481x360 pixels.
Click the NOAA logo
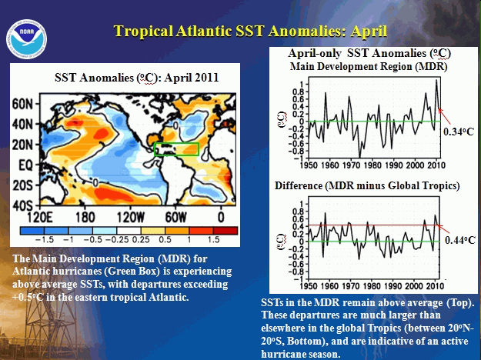[26, 39]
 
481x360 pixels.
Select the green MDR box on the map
[177, 149]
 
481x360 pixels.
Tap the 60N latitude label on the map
[22, 105]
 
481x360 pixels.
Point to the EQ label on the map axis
[25, 165]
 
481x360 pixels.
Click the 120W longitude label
[131, 218]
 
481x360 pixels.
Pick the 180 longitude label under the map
[85, 218]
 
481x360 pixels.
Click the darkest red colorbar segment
[225, 231]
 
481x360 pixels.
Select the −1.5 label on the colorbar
[45, 239]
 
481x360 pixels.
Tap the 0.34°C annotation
[459, 132]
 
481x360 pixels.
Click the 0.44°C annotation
[459, 240]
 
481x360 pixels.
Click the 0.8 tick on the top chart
[299, 92]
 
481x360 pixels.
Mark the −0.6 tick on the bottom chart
[296, 264]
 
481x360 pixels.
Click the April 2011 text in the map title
[192, 77]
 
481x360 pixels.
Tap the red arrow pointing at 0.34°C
[445, 115]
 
